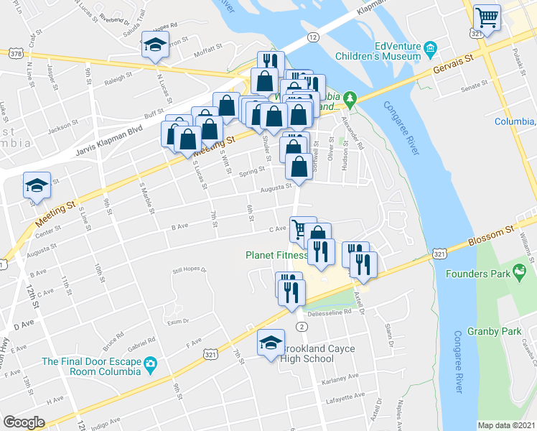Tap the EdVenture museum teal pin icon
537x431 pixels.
point(430,50)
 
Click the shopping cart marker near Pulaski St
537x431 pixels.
point(487,17)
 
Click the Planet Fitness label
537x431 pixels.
point(276,254)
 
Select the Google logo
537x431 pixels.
point(24,422)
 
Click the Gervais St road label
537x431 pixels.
point(455,65)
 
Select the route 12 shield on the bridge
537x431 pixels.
point(313,37)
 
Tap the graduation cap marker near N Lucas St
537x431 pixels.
point(155,45)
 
